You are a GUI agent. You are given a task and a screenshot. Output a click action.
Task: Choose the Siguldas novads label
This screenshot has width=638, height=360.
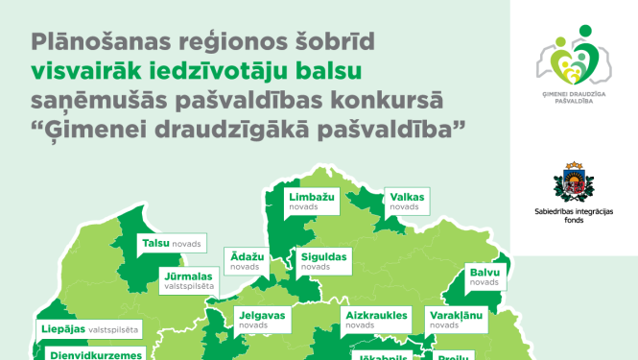(320, 260)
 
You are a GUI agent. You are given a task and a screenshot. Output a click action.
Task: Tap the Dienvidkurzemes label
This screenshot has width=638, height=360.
(92, 353)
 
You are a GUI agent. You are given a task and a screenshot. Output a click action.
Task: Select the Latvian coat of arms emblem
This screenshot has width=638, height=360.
(575, 182)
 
